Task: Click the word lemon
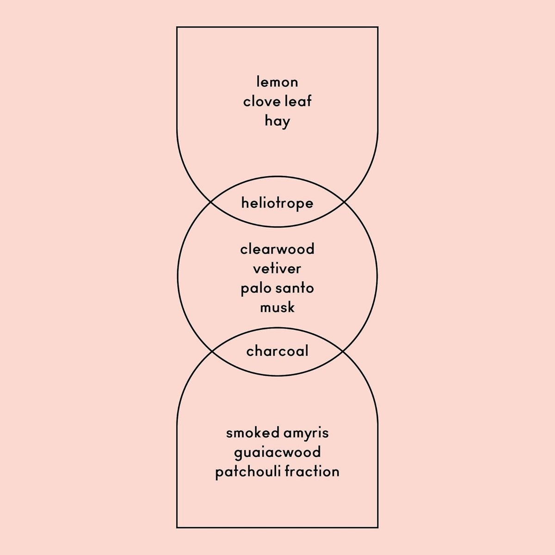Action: point(277,82)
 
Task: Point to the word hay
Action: point(277,122)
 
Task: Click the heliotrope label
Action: point(277,203)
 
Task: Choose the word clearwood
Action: point(277,249)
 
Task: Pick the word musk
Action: point(277,307)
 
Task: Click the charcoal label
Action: point(277,351)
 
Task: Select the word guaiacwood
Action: point(277,452)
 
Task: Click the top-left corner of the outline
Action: point(177,27)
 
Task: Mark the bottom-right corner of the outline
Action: point(378,528)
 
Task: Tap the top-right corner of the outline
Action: point(378,27)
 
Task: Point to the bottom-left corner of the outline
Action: point(177,528)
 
